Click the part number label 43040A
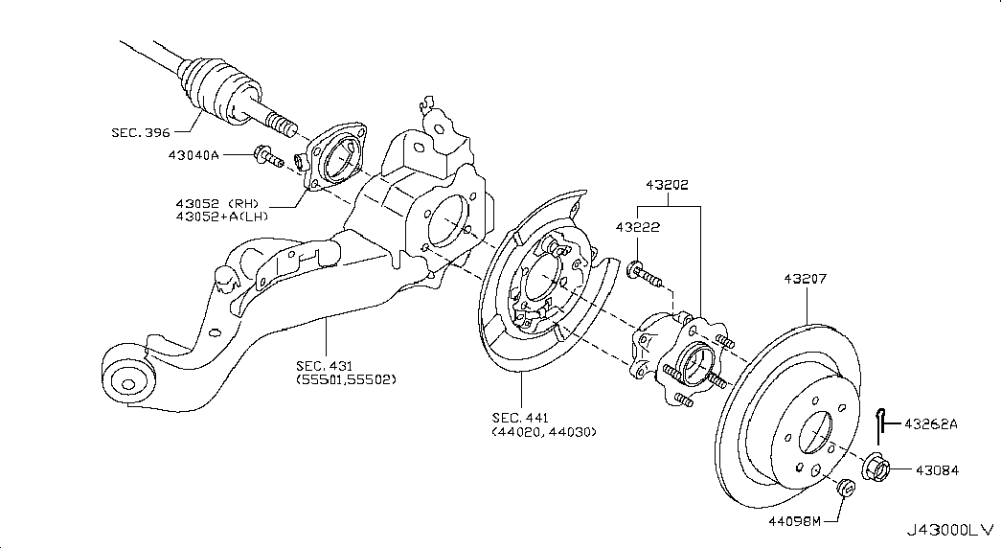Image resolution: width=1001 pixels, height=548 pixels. pyautogui.click(x=194, y=154)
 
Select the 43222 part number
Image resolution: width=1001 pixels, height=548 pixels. pyautogui.click(x=638, y=227)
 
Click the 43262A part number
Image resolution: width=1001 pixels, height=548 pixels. pyautogui.click(x=930, y=422)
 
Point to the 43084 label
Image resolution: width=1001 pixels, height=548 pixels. pyautogui.click(x=936, y=470)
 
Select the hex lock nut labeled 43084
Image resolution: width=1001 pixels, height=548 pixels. pyautogui.click(x=876, y=468)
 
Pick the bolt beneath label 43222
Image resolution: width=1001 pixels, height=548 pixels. pyautogui.click(x=647, y=277)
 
